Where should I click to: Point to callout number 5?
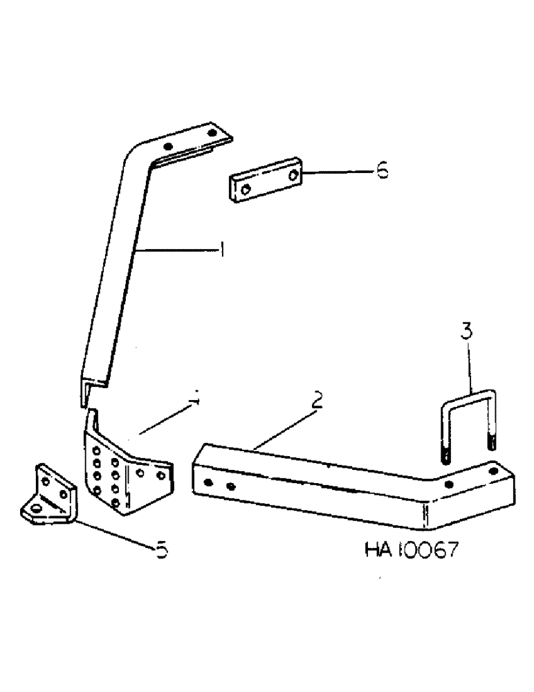[x=161, y=552]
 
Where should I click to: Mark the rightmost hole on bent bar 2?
[x=492, y=471]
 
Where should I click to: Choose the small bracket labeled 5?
[x=46, y=496]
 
